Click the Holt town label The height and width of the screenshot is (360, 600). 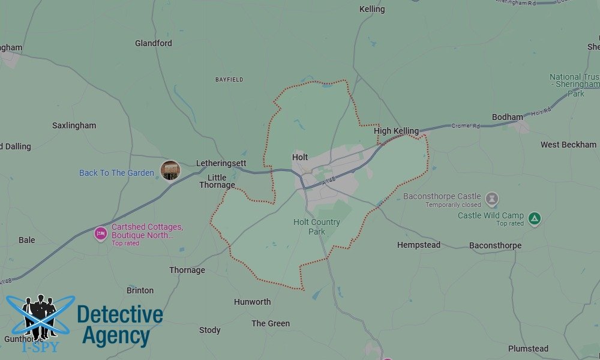(300, 157)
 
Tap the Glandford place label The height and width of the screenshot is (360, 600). (154, 43)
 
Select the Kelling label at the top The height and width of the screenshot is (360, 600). (372, 9)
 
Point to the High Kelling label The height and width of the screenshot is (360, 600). (396, 131)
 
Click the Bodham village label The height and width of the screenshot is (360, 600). (507, 117)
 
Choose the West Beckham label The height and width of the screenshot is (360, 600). (568, 145)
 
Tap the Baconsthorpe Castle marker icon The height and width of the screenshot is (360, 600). (492, 199)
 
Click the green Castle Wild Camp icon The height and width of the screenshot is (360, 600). (535, 218)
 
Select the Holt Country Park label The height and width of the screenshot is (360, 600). (317, 227)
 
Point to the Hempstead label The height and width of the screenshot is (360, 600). (419, 245)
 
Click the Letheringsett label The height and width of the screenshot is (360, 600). (221, 163)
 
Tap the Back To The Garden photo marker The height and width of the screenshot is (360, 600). (170, 170)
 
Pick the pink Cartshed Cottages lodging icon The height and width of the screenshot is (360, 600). (101, 233)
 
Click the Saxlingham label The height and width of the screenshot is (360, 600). (74, 125)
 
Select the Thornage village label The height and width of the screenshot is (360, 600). (187, 270)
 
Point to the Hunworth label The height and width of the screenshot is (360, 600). (253, 302)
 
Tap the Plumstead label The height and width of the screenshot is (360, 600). (528, 349)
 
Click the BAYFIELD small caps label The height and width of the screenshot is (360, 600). (230, 79)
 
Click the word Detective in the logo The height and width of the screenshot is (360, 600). (120, 315)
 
